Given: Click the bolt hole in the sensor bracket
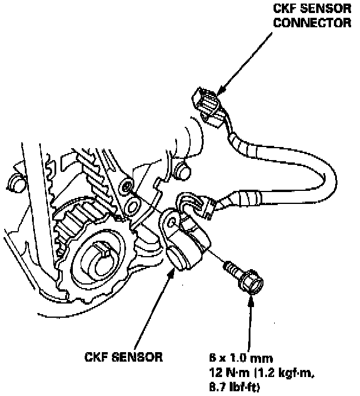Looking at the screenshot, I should (172, 222).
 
